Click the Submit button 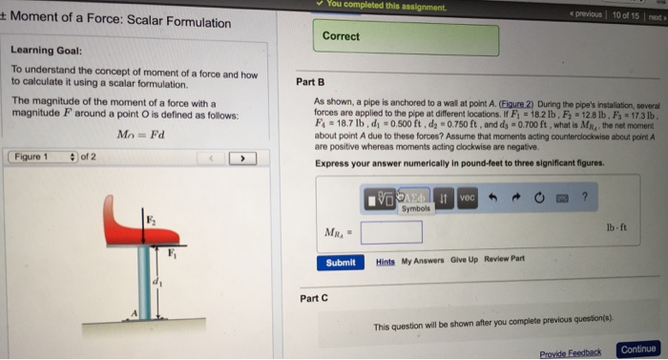click(340, 264)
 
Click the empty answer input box click(391, 230)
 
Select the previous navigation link click(590, 17)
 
